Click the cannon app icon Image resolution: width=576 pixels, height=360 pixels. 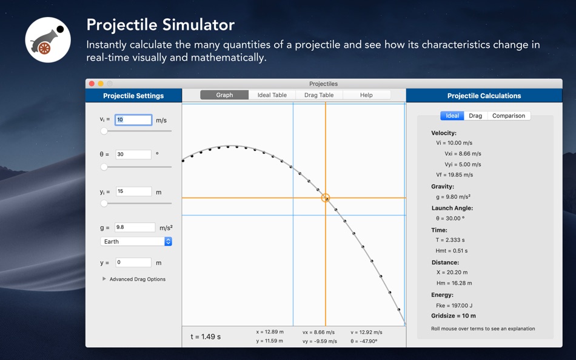click(x=48, y=39)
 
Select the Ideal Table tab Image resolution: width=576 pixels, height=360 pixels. click(x=272, y=95)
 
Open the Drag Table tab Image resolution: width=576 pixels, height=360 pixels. click(x=319, y=95)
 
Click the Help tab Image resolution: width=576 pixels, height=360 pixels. click(x=366, y=95)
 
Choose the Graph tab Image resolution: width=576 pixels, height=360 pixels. click(x=224, y=95)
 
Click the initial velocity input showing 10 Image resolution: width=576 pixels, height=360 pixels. click(x=133, y=120)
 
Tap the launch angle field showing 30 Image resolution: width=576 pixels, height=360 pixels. click(x=133, y=155)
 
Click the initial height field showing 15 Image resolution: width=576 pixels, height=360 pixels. click(x=134, y=192)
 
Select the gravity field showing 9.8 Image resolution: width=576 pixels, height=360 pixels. click(x=135, y=227)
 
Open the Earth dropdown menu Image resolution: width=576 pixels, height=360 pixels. click(x=136, y=241)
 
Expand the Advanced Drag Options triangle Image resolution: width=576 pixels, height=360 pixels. click(x=104, y=279)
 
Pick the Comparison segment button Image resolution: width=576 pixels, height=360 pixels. click(x=509, y=116)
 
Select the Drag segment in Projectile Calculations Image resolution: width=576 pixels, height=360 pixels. click(x=475, y=116)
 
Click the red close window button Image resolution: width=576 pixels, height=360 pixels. click(x=92, y=84)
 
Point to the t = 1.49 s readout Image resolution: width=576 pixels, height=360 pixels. click(x=206, y=336)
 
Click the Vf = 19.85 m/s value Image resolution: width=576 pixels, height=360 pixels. click(x=454, y=175)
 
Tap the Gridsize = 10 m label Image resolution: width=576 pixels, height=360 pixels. click(x=454, y=316)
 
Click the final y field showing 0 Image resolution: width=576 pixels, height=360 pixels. click(x=133, y=262)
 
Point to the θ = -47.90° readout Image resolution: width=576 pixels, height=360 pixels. click(x=364, y=341)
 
